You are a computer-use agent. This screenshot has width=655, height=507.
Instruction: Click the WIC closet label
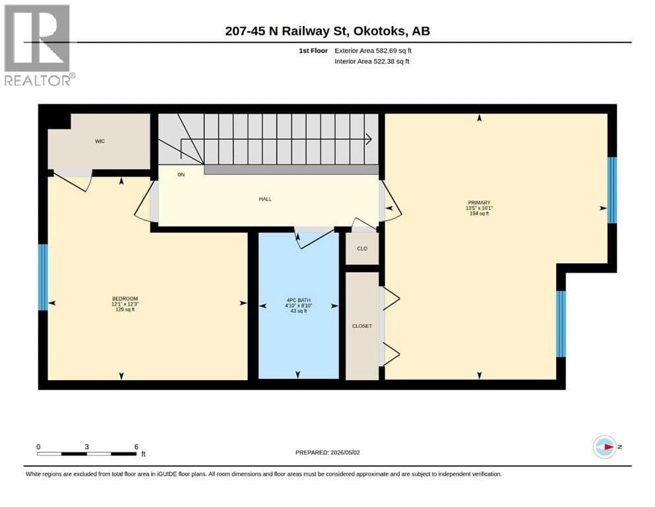[100, 141]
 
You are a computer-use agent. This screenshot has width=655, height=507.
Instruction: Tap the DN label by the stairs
[181, 175]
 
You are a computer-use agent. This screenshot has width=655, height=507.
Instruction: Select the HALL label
[265, 199]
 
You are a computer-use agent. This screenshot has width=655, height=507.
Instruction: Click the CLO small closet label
[362, 249]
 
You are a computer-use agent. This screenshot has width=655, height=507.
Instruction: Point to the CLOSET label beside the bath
[362, 326]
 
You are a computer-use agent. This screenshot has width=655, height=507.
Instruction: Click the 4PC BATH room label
[299, 300]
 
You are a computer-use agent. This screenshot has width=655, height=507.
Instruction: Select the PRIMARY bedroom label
[479, 203]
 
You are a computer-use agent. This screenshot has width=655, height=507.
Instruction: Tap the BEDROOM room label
[125, 299]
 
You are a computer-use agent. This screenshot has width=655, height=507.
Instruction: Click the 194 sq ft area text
[479, 214]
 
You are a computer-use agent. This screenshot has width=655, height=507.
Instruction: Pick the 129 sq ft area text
[125, 310]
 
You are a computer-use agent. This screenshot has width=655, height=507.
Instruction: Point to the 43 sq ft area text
[299, 311]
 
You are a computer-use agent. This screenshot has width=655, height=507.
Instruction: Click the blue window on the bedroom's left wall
[43, 277]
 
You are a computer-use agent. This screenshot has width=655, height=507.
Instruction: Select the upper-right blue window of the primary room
[612, 190]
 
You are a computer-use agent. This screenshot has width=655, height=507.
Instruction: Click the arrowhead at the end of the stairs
[369, 139]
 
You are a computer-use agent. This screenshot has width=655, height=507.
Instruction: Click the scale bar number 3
[87, 447]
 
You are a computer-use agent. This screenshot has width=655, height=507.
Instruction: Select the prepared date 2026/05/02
[345, 453]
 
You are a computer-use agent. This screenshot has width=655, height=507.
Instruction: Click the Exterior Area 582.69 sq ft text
[373, 51]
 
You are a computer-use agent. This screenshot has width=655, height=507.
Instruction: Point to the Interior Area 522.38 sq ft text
[372, 61]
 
